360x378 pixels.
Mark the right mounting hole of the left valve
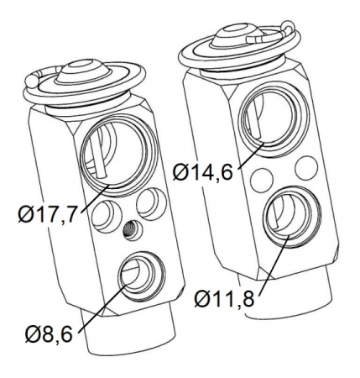click(149, 202)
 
